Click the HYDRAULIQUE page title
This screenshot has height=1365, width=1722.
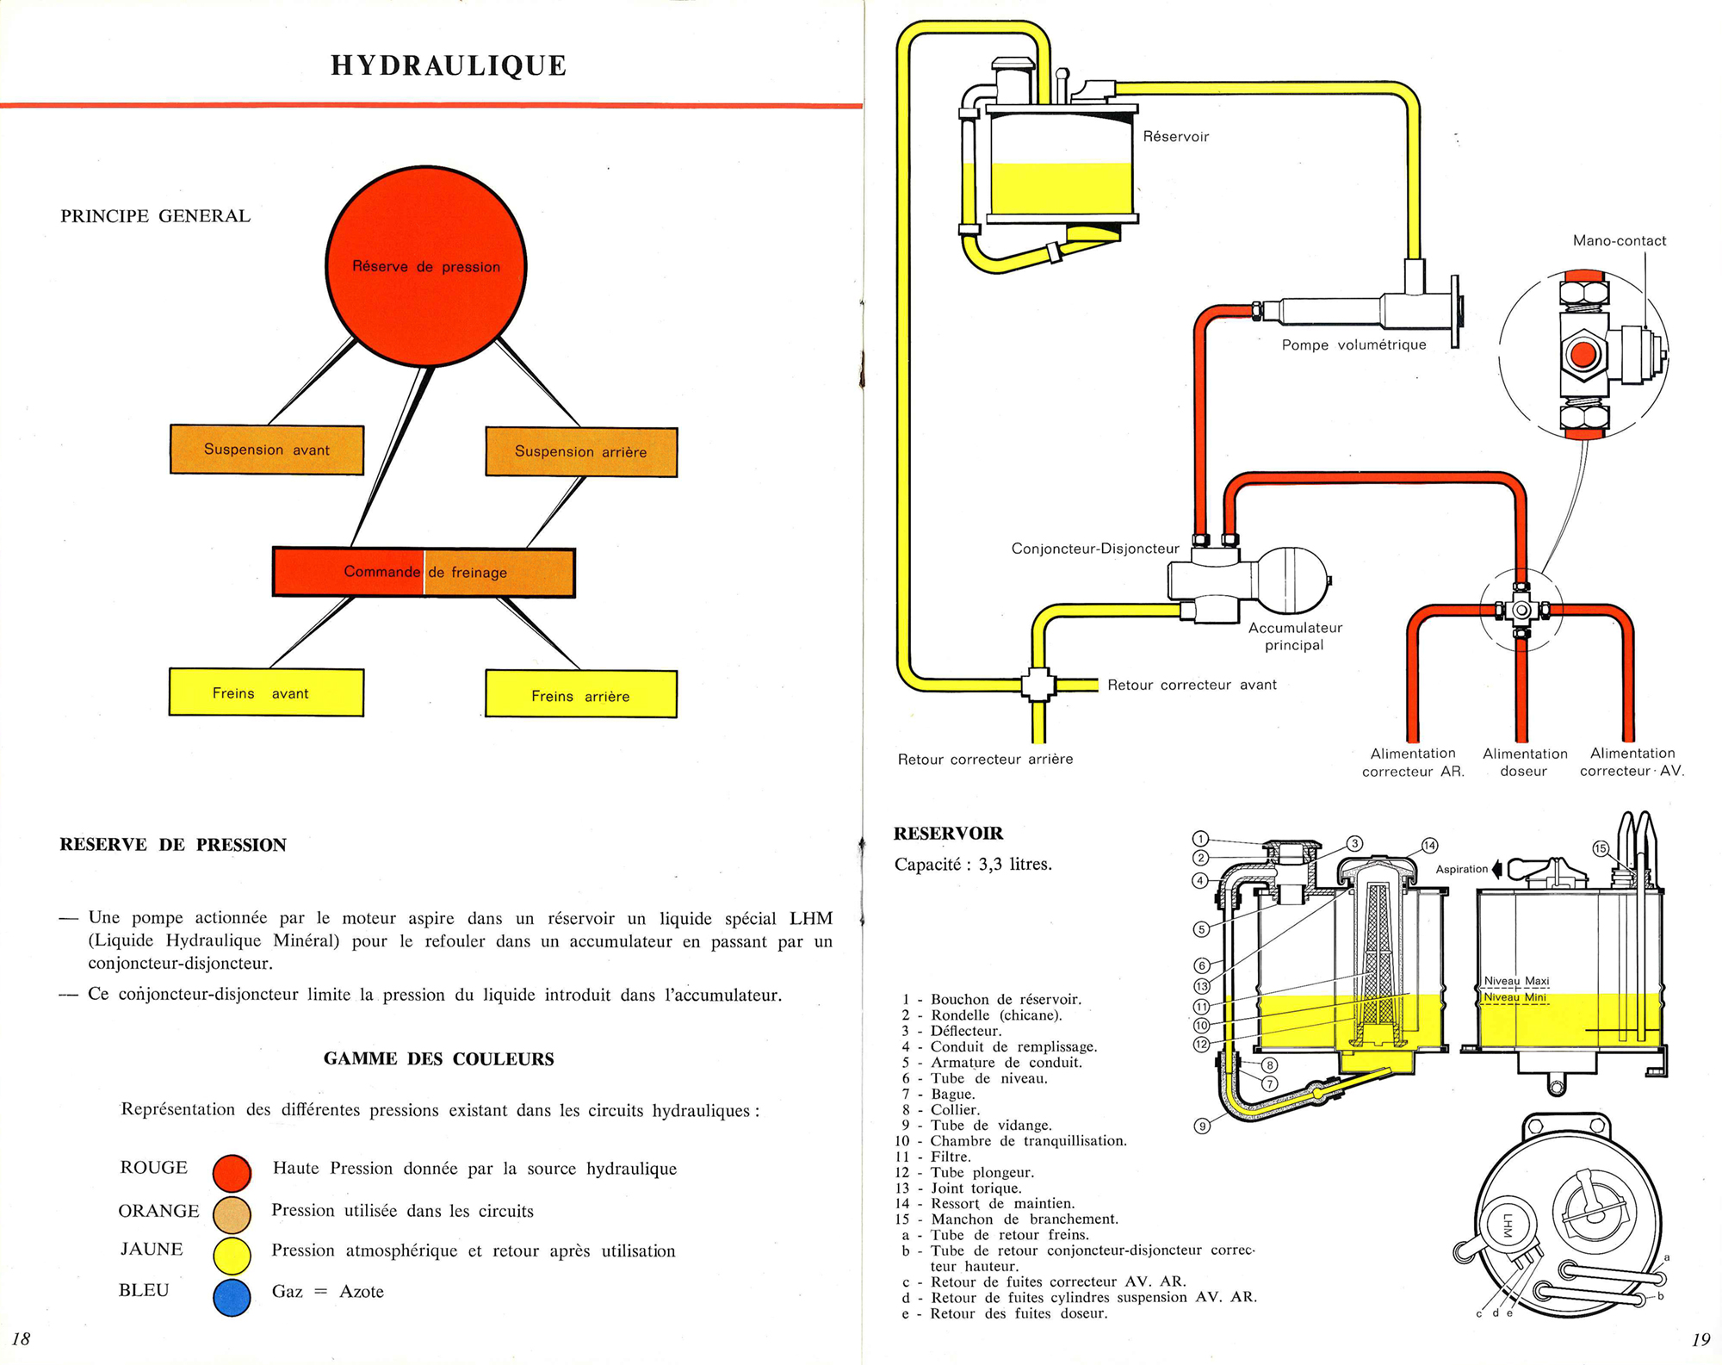point(449,66)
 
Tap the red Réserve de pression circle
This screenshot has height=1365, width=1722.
point(426,266)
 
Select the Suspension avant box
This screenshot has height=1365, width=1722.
point(267,450)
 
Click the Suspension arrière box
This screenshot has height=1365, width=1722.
point(581,451)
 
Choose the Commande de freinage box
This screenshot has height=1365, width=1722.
point(424,572)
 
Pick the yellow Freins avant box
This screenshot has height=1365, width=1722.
point(266,692)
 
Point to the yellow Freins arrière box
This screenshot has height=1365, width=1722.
point(581,694)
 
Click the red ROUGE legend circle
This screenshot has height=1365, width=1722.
point(232,1172)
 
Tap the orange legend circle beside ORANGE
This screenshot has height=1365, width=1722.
point(232,1214)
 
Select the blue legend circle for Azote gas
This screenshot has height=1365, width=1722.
point(232,1297)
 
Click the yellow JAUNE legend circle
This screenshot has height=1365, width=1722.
point(232,1255)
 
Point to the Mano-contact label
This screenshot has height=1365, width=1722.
point(1619,241)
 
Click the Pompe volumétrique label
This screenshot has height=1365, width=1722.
point(1353,345)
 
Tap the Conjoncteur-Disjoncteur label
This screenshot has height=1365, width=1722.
point(1094,549)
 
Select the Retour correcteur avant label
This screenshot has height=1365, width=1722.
point(1192,685)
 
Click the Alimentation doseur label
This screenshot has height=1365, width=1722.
point(1525,762)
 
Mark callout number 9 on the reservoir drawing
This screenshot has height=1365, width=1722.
point(1203,1126)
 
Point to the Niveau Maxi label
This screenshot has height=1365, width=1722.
point(1516,981)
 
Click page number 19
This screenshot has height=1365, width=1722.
point(1700,1339)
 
